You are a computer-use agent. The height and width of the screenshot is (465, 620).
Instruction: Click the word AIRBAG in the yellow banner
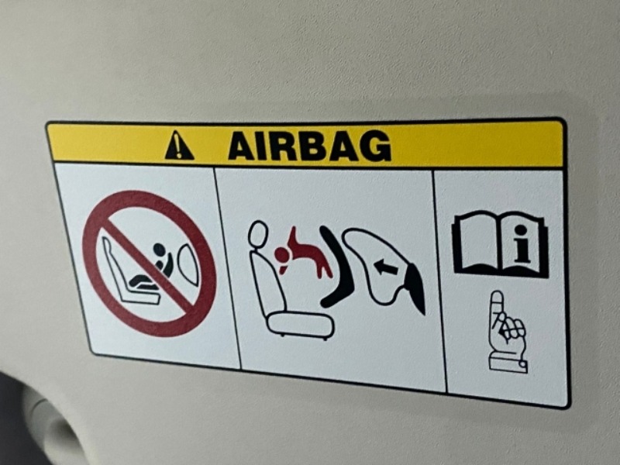(309, 146)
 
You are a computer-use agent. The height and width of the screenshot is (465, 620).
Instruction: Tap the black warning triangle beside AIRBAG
(179, 146)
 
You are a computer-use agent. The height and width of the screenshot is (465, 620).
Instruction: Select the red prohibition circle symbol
(150, 263)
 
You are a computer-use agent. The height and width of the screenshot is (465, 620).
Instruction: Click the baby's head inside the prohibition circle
(159, 249)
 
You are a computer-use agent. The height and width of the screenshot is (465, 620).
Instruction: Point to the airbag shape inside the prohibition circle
(188, 264)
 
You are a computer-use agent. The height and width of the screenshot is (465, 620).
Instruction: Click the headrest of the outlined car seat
(258, 235)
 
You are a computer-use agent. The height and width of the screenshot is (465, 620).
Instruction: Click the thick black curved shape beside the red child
(336, 266)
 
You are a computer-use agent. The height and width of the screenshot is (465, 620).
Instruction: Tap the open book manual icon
(501, 243)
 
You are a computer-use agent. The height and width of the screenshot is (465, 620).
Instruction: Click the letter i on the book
(522, 243)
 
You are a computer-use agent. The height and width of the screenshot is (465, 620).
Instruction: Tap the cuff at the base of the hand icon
(508, 363)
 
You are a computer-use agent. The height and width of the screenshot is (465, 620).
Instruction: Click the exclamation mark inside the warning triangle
(179, 147)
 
